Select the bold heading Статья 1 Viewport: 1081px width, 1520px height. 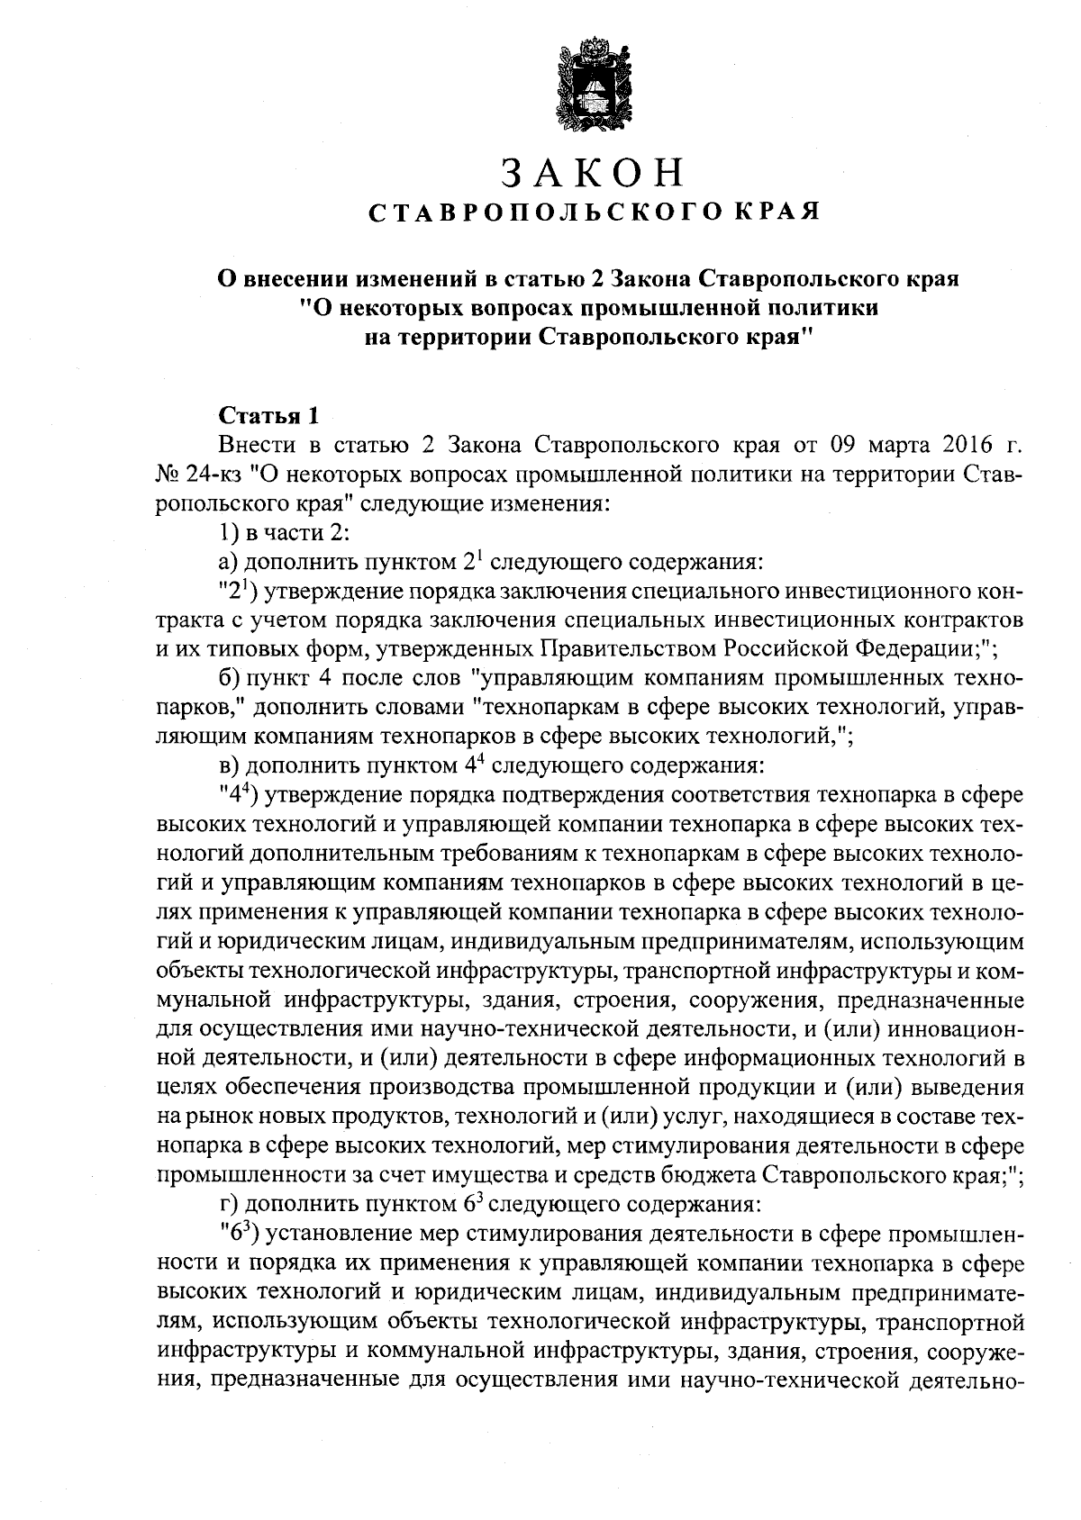tap(268, 416)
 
